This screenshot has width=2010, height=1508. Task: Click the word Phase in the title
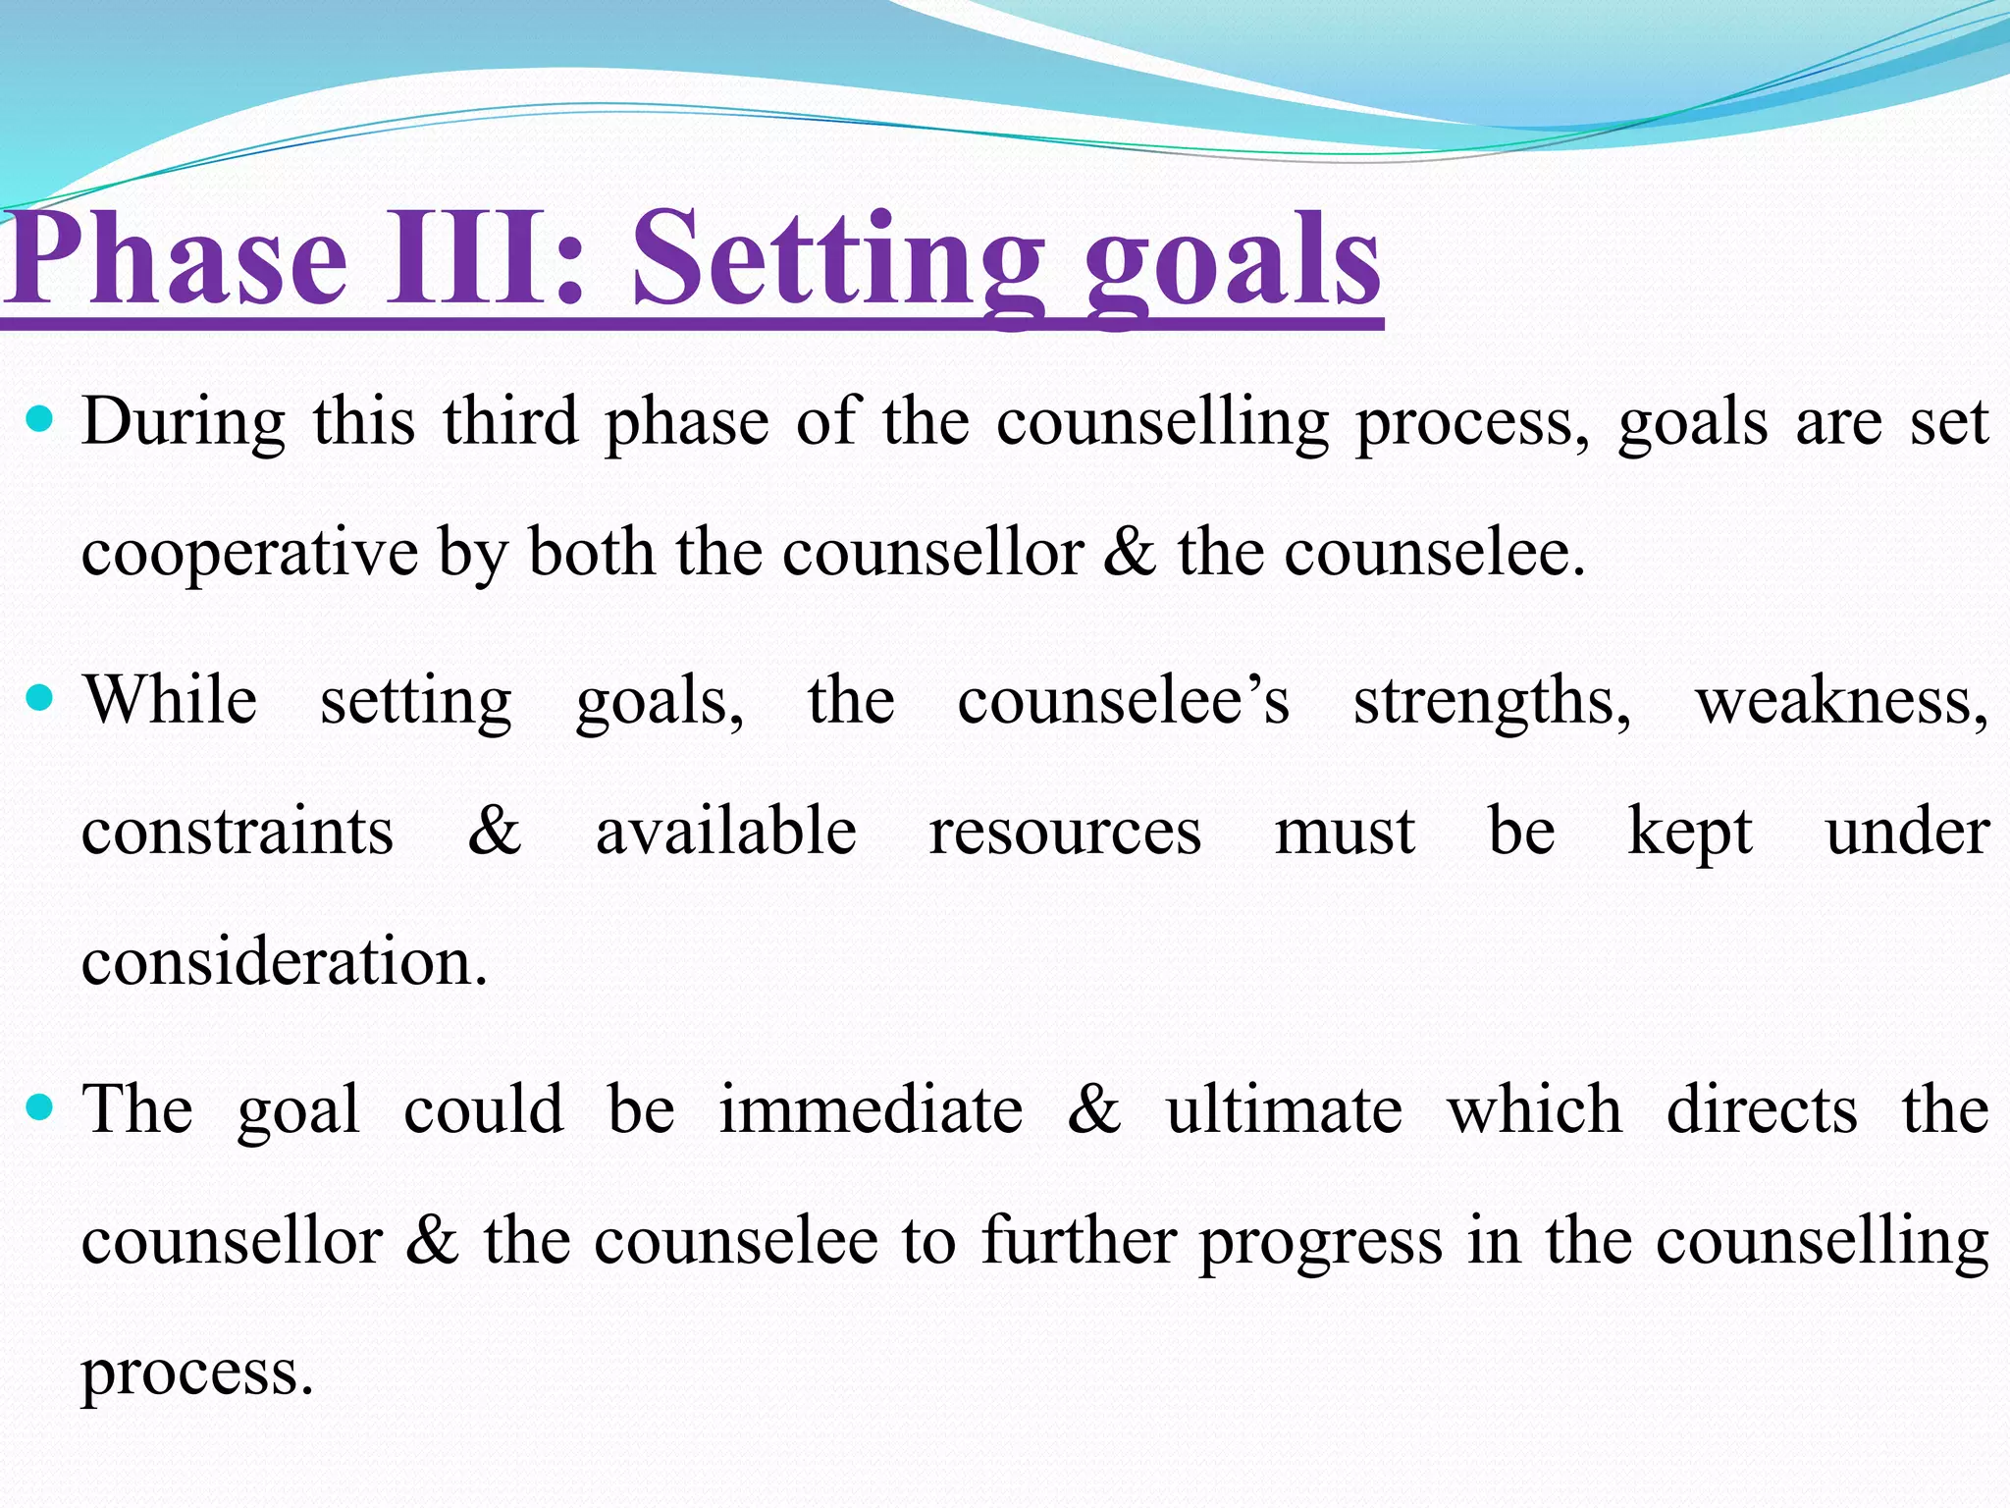pos(177,260)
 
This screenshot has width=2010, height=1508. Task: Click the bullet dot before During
pos(40,420)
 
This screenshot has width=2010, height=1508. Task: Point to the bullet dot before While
pos(40,699)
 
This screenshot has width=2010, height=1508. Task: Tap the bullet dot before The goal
pos(40,1108)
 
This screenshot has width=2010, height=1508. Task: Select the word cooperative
pos(249,554)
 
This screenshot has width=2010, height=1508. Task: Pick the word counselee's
pos(1123,701)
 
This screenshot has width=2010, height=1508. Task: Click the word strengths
pos(1492,703)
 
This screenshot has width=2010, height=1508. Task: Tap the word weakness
pos(1841,703)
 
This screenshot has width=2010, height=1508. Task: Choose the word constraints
pos(238,832)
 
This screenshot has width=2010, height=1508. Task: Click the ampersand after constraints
pos(494,831)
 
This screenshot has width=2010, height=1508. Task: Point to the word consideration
pos(284,961)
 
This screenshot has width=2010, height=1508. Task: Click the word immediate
pos(871,1110)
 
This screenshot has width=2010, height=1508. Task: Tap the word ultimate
pos(1284,1110)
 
